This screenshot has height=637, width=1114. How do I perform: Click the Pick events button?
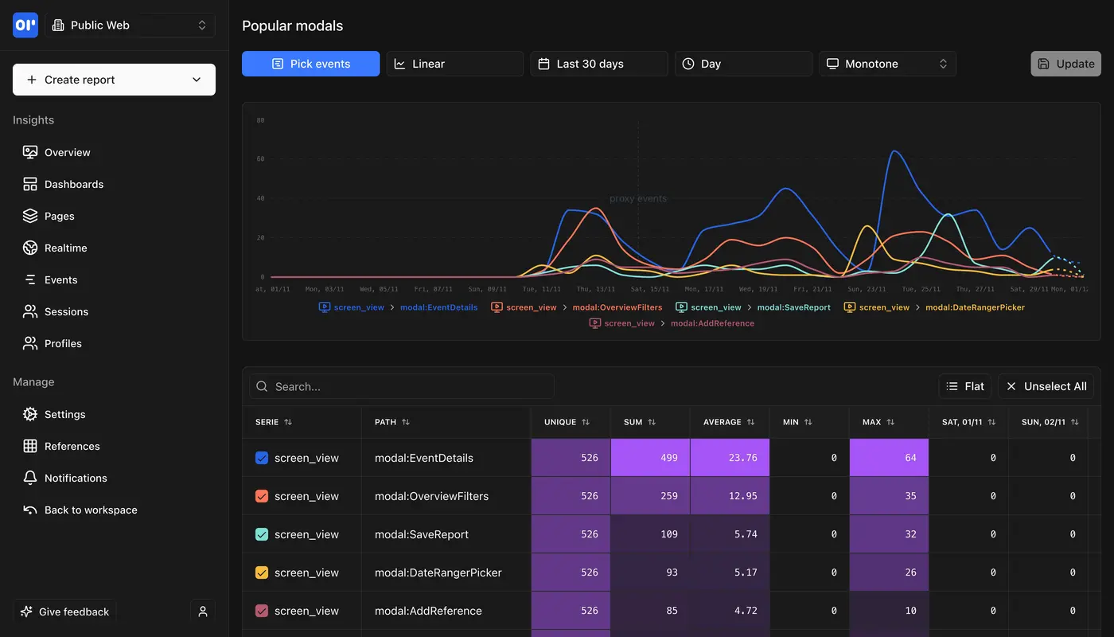coord(310,64)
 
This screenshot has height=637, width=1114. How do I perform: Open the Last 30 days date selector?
coord(598,64)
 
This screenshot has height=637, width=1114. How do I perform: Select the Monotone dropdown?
coord(886,64)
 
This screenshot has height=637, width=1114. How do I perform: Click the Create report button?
coord(114,80)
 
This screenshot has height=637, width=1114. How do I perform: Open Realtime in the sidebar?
coord(65,248)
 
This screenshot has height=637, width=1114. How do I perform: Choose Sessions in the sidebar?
coord(66,311)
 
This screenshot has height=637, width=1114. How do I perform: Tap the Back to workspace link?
coord(90,510)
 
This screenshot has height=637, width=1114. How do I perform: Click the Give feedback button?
coord(64,612)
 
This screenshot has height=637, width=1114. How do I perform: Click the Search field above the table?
coord(402,386)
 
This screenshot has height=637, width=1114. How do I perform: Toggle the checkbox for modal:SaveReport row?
coord(262,534)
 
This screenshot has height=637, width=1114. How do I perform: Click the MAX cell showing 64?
coord(889,458)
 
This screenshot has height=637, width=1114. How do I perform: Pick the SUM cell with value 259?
coord(650,496)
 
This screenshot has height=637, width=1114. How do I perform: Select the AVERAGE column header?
coord(722,422)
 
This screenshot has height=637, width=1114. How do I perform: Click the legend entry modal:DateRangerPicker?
coord(974,307)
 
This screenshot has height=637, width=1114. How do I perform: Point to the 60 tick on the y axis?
coord(260,159)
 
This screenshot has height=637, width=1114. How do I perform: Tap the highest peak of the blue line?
coord(894,150)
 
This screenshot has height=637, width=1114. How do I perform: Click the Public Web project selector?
coord(130,25)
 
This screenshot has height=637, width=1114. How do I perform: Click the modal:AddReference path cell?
coord(428,611)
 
